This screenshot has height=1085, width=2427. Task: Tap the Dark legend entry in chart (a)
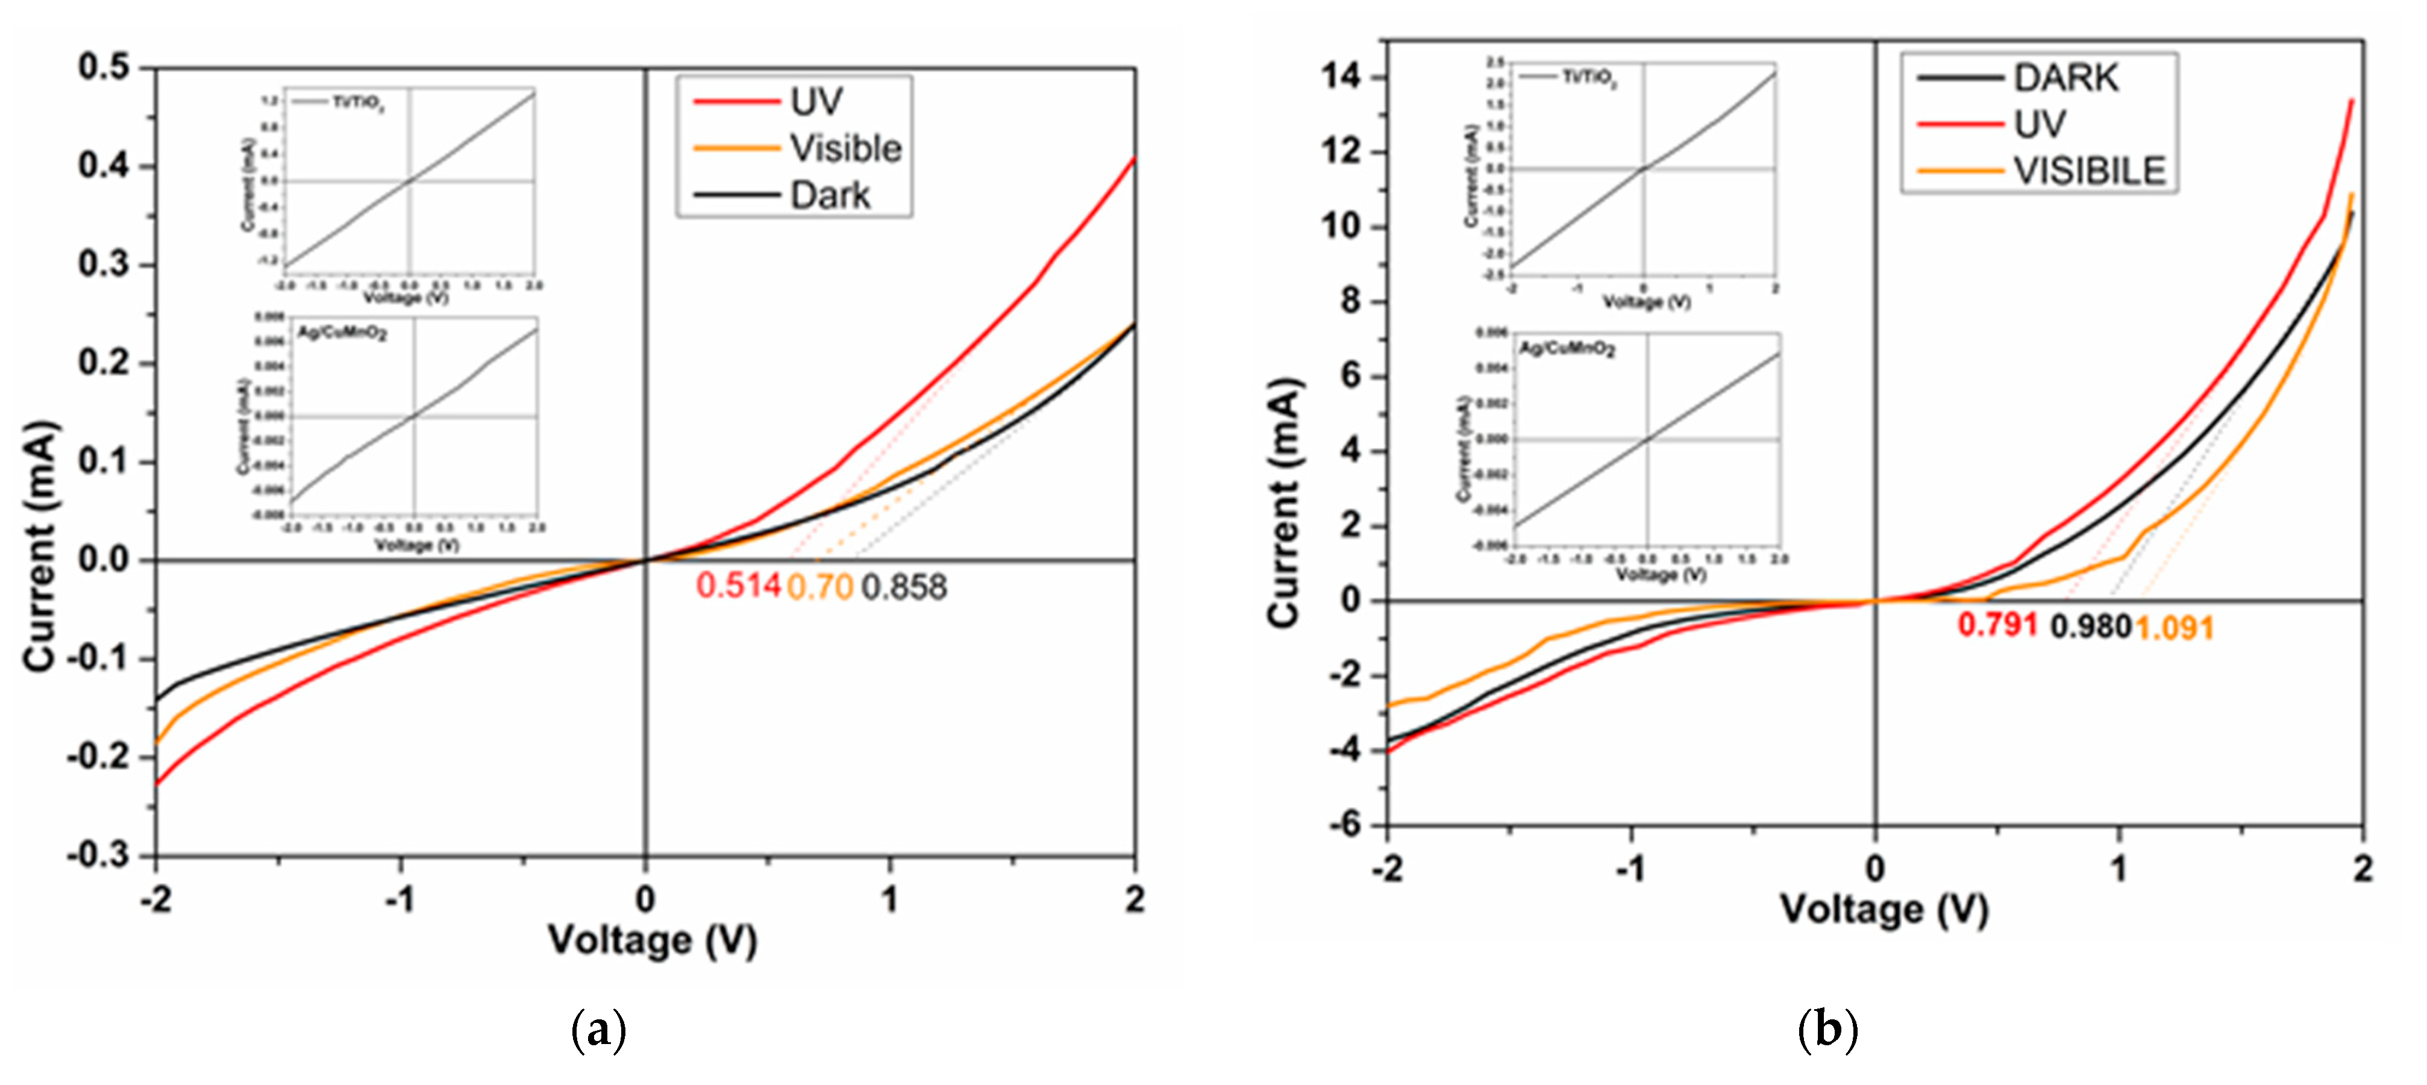(x=829, y=196)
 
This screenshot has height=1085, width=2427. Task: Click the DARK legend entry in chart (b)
(x=2065, y=78)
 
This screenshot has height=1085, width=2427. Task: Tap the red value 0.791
(x=1997, y=625)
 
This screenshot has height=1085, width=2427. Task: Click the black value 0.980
(x=2091, y=627)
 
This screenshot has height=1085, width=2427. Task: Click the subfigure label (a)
(x=598, y=1031)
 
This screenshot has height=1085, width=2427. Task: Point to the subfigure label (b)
(x=1827, y=1030)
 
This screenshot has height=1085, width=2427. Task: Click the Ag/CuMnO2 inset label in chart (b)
(x=1567, y=349)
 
